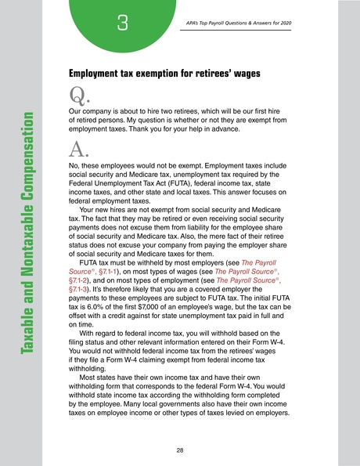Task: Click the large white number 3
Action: click(x=123, y=25)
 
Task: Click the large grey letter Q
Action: click(x=78, y=96)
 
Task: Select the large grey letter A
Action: click(x=78, y=150)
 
